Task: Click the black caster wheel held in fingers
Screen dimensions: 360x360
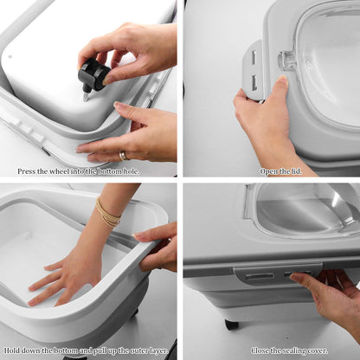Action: pyautogui.click(x=94, y=74)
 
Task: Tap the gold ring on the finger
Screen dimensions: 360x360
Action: pyautogui.click(x=124, y=156)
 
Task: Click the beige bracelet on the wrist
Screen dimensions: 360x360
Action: pyautogui.click(x=107, y=214)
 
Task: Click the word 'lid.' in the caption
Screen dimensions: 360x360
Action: pyautogui.click(x=294, y=171)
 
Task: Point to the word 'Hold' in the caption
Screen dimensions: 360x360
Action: pyautogui.click(x=12, y=350)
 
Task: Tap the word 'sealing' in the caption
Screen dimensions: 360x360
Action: pyautogui.click(x=292, y=350)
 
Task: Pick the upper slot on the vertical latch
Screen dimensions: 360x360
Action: pyautogui.click(x=254, y=58)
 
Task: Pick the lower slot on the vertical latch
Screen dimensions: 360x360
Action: pyautogui.click(x=254, y=82)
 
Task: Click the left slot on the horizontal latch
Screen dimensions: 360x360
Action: pyautogui.click(x=260, y=276)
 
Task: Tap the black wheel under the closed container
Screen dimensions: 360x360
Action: pyautogui.click(x=232, y=325)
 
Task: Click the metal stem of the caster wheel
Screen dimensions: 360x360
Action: pyautogui.click(x=87, y=93)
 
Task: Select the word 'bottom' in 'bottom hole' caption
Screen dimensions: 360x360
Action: pyautogui.click(x=110, y=171)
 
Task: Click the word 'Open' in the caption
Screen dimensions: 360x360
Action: pyautogui.click(x=268, y=171)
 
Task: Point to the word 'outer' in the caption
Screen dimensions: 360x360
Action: pyautogui.click(x=139, y=350)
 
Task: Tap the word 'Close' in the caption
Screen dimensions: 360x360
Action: pyautogui.click(x=260, y=350)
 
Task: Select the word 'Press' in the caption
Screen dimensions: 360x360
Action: pyautogui.click(x=26, y=171)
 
